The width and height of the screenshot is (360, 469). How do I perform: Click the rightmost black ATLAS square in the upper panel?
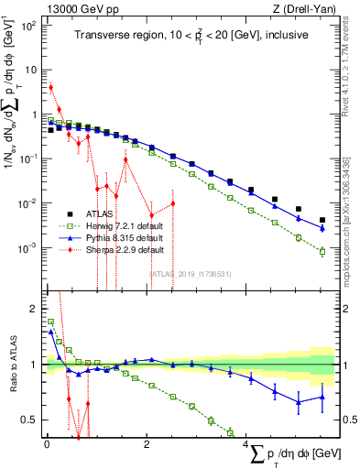click(322, 220)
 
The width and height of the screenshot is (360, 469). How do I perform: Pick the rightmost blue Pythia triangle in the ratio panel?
click(322, 397)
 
